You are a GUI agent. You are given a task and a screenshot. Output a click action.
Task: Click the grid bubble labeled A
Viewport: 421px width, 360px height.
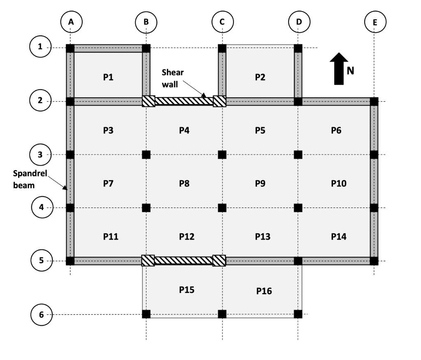pos(71,22)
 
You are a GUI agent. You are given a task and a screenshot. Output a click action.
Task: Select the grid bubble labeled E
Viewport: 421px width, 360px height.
pos(375,22)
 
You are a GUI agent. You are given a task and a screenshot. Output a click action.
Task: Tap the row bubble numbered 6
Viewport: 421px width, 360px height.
pos(40,315)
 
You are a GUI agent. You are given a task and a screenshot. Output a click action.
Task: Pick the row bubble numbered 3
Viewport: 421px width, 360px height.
pos(40,155)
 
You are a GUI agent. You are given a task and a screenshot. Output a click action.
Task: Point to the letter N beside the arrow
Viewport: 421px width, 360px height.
pos(350,71)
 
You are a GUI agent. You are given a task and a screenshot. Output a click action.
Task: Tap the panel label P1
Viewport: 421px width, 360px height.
pos(108,78)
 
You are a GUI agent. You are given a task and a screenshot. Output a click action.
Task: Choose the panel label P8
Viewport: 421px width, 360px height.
pos(184,184)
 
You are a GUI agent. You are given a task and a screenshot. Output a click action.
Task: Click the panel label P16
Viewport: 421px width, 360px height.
pos(264,291)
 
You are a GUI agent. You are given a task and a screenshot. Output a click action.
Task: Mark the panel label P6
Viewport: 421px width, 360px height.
pos(336,130)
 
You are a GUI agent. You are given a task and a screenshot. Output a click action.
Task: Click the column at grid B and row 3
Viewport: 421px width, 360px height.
pos(146,155)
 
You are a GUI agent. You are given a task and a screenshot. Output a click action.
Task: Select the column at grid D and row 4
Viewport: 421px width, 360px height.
pos(298,208)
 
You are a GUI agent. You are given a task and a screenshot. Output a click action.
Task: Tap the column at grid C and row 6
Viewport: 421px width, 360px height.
pos(222,314)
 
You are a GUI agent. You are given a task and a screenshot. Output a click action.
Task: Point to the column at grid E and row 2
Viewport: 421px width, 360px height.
pos(374,102)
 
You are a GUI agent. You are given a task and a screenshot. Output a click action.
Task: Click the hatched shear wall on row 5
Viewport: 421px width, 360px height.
pos(183,261)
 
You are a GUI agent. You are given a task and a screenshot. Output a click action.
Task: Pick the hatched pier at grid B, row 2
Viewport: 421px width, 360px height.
pos(148,102)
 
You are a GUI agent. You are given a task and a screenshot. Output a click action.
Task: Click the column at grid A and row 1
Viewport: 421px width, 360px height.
pos(70,48)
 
